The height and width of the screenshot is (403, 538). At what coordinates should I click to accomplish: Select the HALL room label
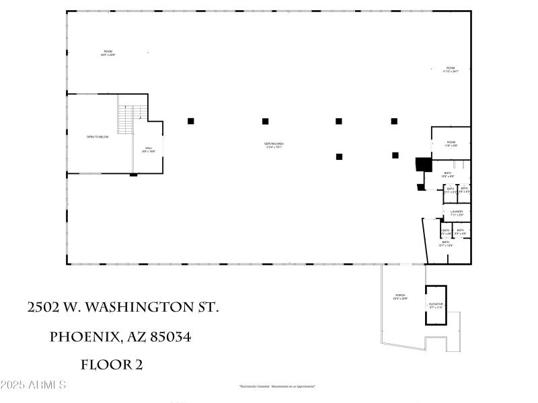148,150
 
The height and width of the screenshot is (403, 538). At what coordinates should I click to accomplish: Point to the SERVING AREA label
272,145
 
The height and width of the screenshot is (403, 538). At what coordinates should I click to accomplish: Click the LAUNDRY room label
457,213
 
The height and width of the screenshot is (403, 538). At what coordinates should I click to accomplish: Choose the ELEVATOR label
436,306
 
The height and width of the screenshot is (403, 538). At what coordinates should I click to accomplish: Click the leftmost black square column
191,121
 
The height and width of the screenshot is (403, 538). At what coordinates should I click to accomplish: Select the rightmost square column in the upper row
395,121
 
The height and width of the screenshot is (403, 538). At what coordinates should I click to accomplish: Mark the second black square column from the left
266,121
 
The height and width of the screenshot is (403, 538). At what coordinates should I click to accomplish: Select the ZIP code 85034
168,337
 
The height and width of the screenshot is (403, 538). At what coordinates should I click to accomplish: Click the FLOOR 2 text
112,365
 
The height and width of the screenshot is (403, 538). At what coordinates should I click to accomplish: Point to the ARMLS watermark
33,385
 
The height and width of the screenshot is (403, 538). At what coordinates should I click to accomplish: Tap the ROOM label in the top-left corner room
108,53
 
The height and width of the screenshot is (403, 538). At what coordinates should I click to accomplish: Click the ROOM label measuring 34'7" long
450,69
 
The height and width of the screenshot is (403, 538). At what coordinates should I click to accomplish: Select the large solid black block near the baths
423,164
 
